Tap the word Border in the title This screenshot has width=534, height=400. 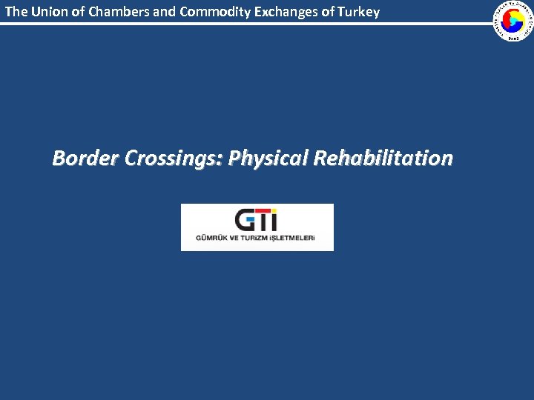click(85, 158)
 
